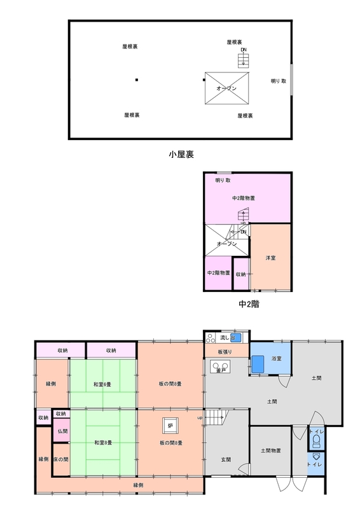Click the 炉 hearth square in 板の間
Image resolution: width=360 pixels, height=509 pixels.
click(x=170, y=425)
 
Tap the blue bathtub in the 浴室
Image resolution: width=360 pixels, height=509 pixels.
click(x=258, y=364)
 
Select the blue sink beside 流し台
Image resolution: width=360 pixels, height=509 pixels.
click(x=236, y=338)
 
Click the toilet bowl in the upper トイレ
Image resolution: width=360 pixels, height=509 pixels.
click(x=317, y=441)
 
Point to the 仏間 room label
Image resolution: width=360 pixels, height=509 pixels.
click(x=63, y=431)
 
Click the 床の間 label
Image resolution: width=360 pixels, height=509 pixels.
click(x=61, y=459)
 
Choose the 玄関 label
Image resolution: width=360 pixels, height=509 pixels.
click(x=226, y=459)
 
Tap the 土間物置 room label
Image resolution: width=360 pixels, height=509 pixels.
click(x=271, y=450)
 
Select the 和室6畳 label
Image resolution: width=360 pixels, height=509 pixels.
click(x=102, y=384)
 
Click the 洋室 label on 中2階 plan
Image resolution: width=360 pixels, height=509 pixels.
click(x=270, y=258)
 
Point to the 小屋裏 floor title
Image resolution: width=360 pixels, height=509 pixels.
click(x=181, y=155)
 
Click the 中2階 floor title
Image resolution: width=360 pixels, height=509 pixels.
click(x=249, y=304)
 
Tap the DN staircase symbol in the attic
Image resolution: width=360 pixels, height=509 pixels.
click(x=244, y=60)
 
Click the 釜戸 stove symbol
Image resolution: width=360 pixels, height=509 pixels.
click(x=221, y=367)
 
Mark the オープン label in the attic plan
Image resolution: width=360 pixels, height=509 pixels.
click(x=226, y=88)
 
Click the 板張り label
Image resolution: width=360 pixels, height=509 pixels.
click(x=225, y=352)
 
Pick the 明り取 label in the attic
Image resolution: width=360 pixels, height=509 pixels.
click(x=279, y=81)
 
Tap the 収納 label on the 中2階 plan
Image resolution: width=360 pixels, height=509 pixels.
click(x=241, y=274)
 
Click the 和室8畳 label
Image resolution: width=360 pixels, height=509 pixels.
click(x=103, y=442)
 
